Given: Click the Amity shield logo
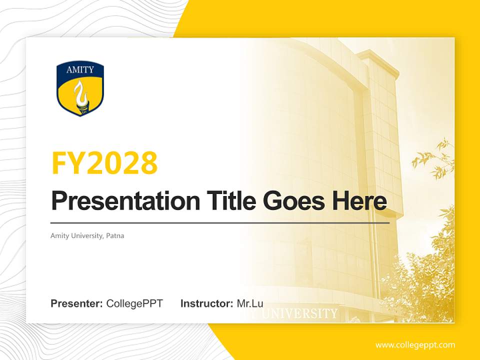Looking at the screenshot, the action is (x=80, y=88).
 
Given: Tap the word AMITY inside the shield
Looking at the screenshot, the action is (x=80, y=70).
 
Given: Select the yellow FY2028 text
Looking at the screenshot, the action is (x=104, y=163).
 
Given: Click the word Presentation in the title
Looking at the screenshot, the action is (x=125, y=201).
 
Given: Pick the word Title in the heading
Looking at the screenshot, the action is (x=231, y=200).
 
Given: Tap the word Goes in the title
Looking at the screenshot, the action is (x=294, y=201).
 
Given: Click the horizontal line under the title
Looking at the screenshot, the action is (x=220, y=223).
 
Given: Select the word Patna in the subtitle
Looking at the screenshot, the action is (x=115, y=235).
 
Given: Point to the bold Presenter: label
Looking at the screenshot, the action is (x=76, y=303).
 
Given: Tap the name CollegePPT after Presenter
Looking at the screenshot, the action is (x=134, y=303).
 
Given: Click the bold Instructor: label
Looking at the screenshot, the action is (x=207, y=303).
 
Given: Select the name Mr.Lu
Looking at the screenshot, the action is (x=250, y=303).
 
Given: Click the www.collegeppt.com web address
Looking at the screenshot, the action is (x=415, y=345).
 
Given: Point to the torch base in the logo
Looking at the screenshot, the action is (x=81, y=107).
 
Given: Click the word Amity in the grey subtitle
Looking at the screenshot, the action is (x=59, y=236).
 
